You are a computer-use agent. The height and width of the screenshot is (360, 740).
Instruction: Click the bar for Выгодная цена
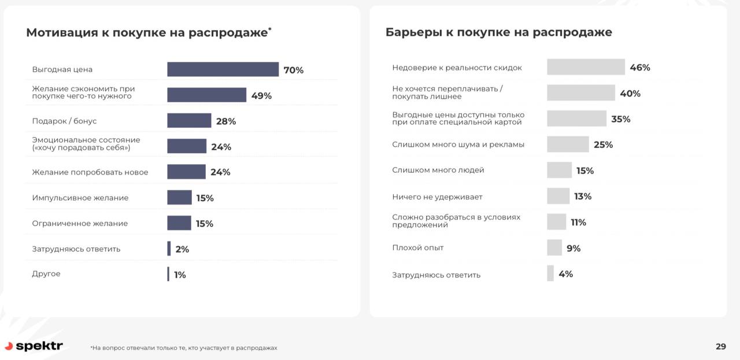tap(223, 69)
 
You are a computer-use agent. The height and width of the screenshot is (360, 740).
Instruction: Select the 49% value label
tap(261, 95)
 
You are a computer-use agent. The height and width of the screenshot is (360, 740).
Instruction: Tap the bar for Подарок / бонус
tap(189, 121)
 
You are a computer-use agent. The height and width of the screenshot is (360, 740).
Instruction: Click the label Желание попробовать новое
tap(90, 172)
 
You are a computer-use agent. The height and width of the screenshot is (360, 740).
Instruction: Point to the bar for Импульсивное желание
tap(179, 198)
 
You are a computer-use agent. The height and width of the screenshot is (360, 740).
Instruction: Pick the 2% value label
tap(182, 249)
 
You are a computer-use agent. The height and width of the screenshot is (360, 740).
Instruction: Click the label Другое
tap(46, 274)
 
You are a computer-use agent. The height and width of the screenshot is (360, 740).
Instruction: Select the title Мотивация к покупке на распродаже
tap(147, 32)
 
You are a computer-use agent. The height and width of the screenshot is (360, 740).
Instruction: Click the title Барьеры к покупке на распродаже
tap(498, 32)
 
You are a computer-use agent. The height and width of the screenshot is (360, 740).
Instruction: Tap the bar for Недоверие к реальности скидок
tap(586, 67)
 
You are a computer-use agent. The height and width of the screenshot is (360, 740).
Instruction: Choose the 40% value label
tap(630, 94)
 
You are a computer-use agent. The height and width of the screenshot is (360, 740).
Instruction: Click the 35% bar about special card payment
tap(576, 118)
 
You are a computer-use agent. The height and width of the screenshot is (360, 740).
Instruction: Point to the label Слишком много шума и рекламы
tap(458, 144)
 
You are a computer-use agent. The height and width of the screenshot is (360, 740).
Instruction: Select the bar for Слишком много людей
tap(559, 170)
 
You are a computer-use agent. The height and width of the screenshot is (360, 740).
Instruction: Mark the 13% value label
tap(583, 196)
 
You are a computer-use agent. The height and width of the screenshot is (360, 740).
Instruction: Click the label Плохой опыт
tap(418, 248)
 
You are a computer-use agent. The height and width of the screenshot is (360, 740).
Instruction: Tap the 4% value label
tap(565, 274)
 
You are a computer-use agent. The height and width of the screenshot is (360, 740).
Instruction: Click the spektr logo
tap(34, 346)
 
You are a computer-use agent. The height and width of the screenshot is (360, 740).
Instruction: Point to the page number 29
tap(720, 347)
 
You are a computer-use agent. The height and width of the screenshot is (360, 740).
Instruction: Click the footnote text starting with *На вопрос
tap(184, 348)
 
